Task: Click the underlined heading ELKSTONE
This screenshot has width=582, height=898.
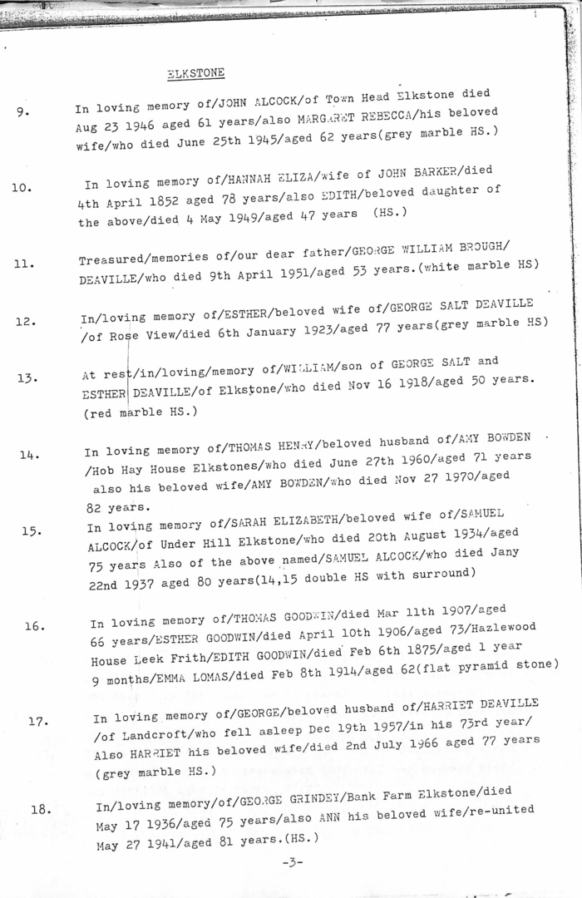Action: coord(195,73)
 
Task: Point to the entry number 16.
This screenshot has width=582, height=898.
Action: coord(34,626)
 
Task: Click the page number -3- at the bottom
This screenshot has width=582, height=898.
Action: coord(292,862)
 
